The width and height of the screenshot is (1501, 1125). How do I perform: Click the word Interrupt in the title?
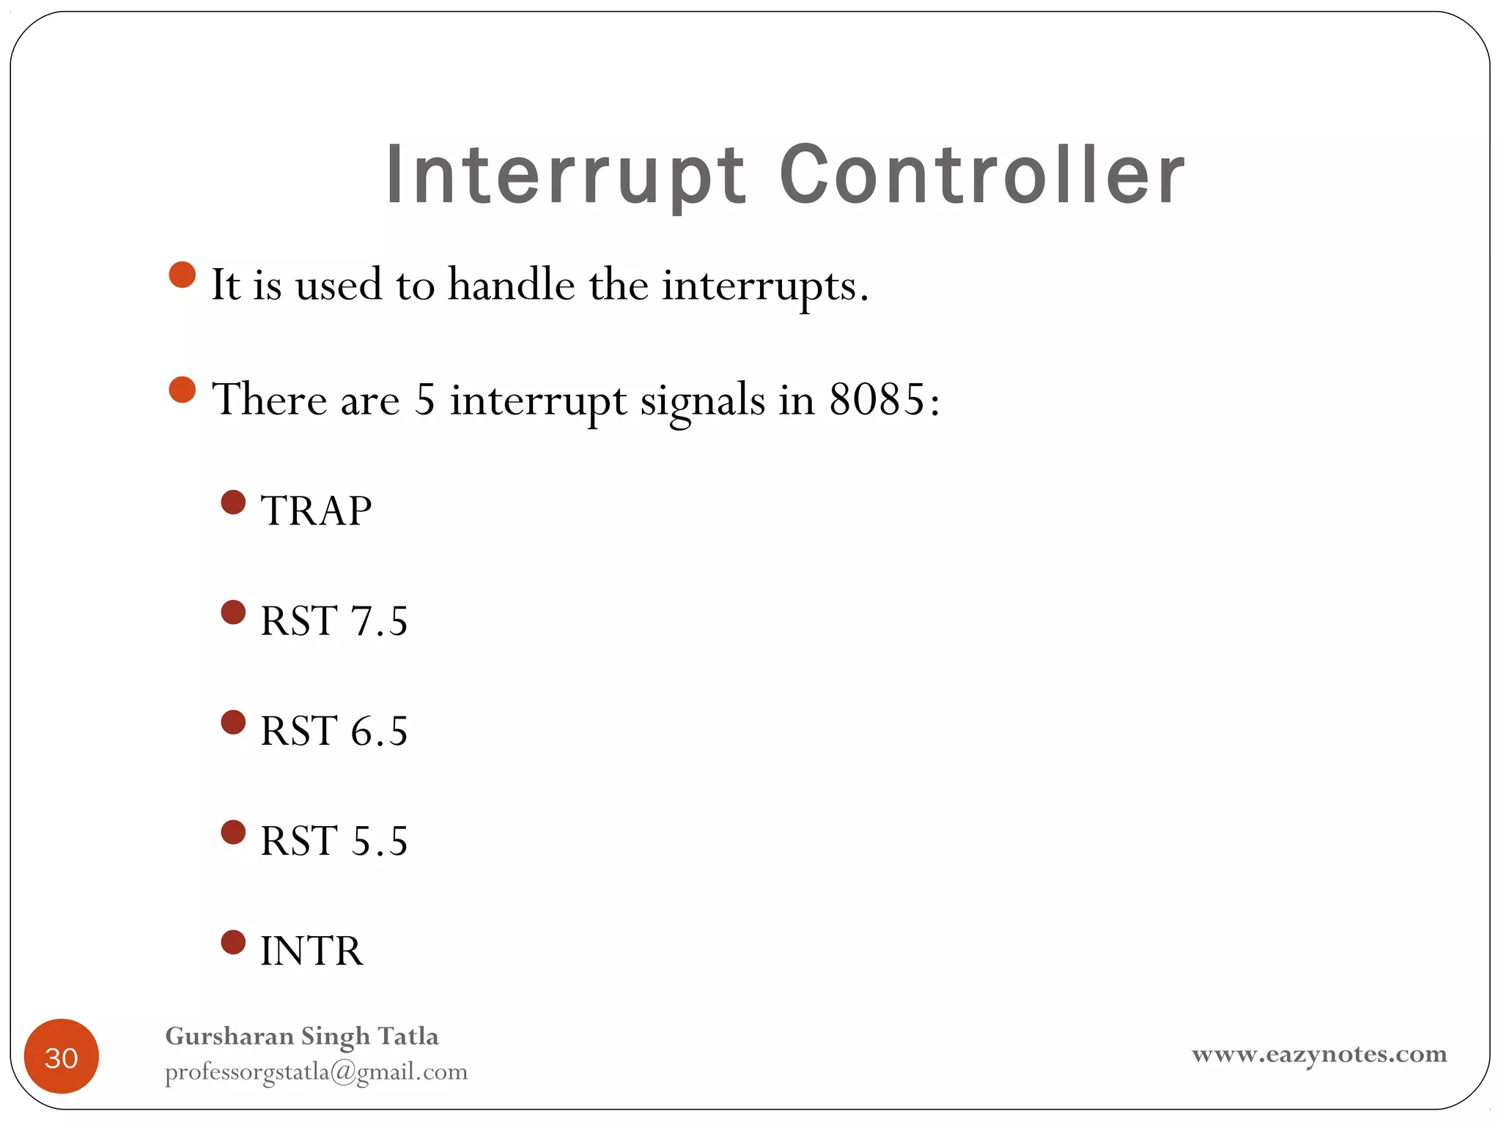pos(566,176)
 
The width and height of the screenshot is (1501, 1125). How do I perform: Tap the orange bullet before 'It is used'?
pos(182,275)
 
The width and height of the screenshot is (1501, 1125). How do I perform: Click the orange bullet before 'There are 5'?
pos(182,390)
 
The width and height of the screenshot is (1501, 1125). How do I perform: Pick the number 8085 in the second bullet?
pos(877,400)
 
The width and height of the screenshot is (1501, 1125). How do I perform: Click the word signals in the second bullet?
pos(702,401)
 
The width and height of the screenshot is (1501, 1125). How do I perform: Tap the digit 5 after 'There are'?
pos(424,400)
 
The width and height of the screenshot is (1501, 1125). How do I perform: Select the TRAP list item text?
pos(316,510)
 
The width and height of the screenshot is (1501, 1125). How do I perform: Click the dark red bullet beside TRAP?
pos(233,502)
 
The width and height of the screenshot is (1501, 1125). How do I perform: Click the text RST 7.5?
pos(333,620)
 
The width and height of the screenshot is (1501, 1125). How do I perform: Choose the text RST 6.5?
pos(333,730)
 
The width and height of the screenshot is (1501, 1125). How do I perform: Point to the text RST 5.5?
pos(333,840)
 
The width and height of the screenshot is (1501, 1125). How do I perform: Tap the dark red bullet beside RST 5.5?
pos(233,832)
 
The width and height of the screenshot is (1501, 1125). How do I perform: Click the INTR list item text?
pos(311,951)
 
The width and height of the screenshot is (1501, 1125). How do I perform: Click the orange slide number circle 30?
pos(62,1056)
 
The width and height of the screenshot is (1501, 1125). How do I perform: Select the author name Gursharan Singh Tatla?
pos(302,1036)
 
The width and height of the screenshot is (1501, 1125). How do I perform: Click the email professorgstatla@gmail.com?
pos(316,1072)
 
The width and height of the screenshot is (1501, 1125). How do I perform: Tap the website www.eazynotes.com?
pos(1319,1054)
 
